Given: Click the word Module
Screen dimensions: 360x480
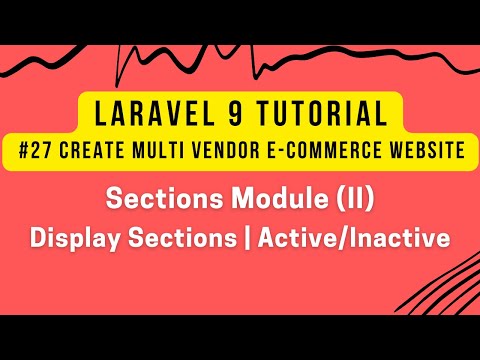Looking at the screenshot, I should pos(282,201).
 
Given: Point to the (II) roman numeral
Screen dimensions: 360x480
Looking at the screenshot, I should pos(352,201).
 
